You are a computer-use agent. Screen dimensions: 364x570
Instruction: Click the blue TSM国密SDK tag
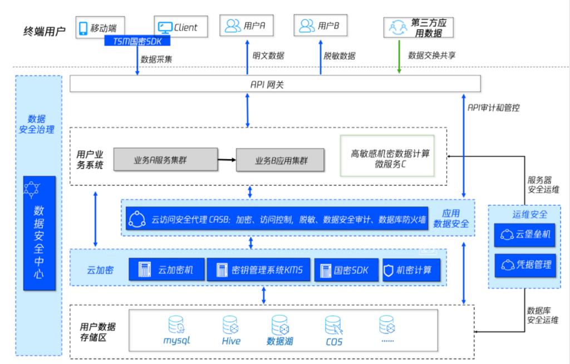[x=137, y=41]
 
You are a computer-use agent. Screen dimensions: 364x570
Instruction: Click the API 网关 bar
[x=275, y=84]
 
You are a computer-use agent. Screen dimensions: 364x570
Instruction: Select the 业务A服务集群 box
[x=165, y=159]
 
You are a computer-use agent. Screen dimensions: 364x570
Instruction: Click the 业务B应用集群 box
[x=281, y=160]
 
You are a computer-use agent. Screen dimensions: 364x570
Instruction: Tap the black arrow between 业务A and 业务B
[x=226, y=159]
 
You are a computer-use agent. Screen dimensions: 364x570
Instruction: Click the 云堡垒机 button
[x=525, y=235]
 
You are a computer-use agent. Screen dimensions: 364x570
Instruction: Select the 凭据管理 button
[x=525, y=263]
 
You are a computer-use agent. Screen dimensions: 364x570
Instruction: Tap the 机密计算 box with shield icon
[x=411, y=270]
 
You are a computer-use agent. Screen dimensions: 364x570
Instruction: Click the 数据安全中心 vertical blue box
[x=40, y=233]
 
